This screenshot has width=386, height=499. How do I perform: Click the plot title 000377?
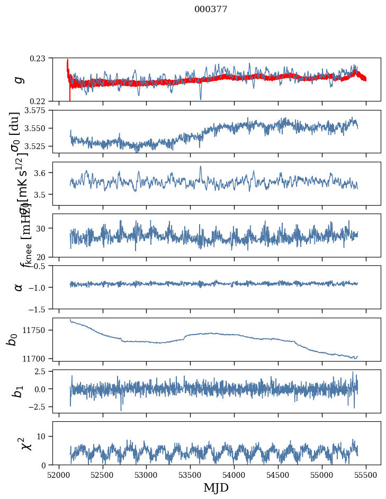click(211, 10)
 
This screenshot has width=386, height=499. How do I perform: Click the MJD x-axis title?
click(216, 487)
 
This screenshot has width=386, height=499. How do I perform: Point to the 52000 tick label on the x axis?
click(59, 474)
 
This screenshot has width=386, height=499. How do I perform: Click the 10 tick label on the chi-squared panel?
click(43, 436)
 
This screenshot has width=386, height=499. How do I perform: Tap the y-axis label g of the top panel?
click(19, 79)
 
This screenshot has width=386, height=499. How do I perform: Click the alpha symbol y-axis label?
click(19, 287)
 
